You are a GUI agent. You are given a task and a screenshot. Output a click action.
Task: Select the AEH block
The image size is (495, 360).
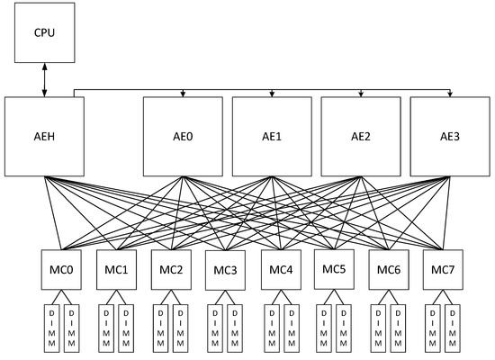coord(45,136)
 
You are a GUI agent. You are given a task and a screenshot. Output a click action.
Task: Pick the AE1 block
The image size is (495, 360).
coord(272,136)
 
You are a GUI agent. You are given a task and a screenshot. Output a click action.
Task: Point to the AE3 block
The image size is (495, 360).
coord(449,136)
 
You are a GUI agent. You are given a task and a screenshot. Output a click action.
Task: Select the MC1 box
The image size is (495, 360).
coord(115,269)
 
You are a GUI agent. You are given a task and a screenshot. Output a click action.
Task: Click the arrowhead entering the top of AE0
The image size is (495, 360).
coord(183,94)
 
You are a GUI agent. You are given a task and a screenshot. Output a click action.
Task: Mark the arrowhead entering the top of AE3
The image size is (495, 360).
coord(449,94)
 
